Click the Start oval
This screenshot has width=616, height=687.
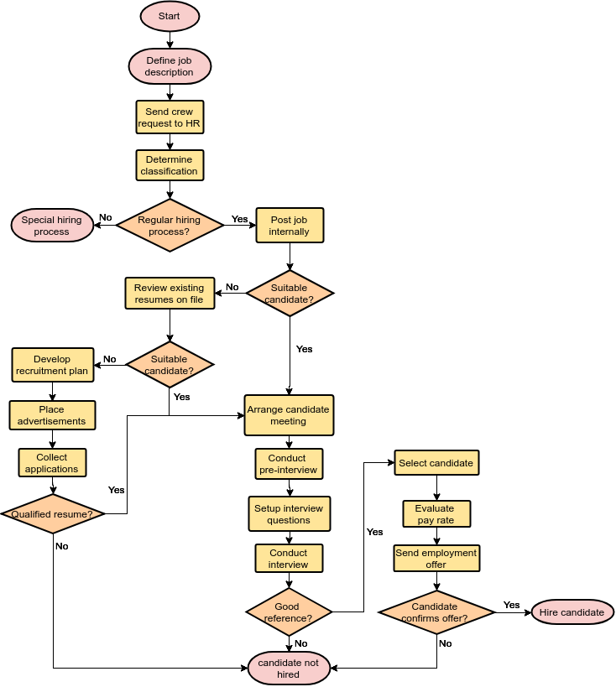tap(170, 17)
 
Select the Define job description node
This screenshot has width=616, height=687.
tap(170, 66)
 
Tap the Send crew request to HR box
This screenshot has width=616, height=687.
tap(170, 117)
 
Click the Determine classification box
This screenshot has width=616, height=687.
tap(170, 165)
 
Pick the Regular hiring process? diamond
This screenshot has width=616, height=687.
tap(170, 226)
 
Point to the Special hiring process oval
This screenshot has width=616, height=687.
tap(52, 226)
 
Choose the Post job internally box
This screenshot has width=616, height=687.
tap(290, 226)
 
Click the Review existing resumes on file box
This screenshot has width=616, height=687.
tap(170, 294)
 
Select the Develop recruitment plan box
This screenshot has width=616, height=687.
tap(52, 365)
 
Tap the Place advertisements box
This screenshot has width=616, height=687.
tap(52, 415)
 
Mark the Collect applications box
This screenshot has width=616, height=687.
tap(52, 463)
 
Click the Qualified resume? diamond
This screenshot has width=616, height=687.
tap(52, 513)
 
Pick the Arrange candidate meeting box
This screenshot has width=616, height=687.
tap(289, 415)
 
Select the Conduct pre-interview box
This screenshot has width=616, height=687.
tap(289, 464)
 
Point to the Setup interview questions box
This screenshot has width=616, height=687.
tap(289, 514)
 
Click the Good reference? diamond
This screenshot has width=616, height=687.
tap(289, 612)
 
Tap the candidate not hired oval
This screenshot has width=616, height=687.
tap(289, 669)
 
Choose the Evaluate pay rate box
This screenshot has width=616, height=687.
tap(436, 514)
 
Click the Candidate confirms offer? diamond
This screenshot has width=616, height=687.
tap(436, 612)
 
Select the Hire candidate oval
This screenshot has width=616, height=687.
tap(572, 612)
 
